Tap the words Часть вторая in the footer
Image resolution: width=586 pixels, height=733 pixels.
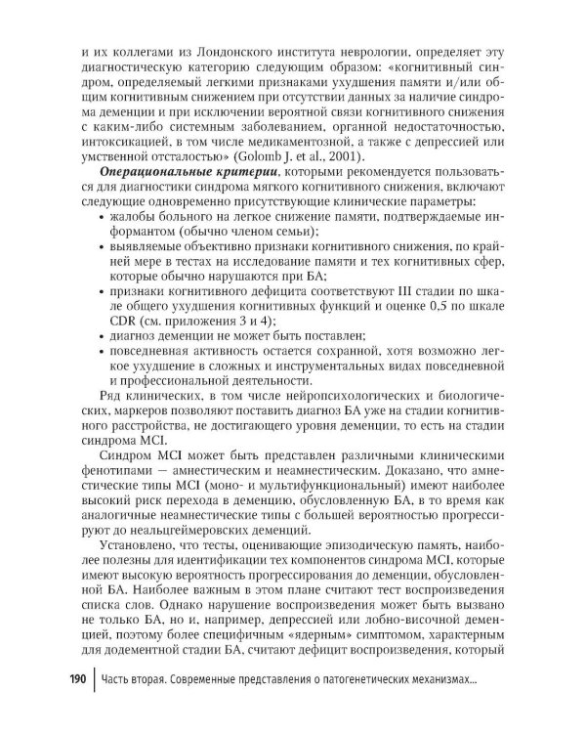tap(137, 679)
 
